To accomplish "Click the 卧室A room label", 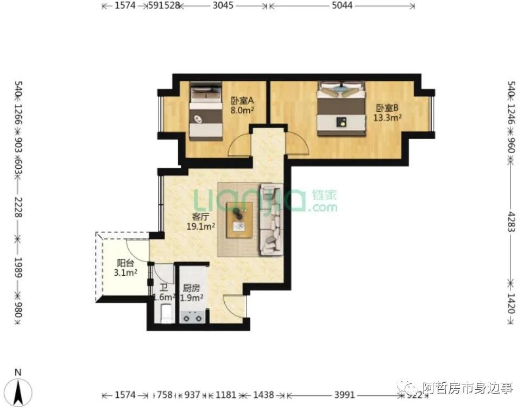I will click(x=242, y=100).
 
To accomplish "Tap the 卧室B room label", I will click(x=387, y=107).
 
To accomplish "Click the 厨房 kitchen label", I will click(x=192, y=288).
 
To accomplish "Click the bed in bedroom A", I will click(x=206, y=111).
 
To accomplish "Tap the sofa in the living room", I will click(x=271, y=219).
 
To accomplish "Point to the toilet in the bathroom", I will click(x=166, y=314).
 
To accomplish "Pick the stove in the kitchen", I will click(x=193, y=315).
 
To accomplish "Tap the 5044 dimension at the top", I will click(x=342, y=6).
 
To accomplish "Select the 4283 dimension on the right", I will click(x=510, y=219).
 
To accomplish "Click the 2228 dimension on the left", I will click(x=18, y=207).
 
